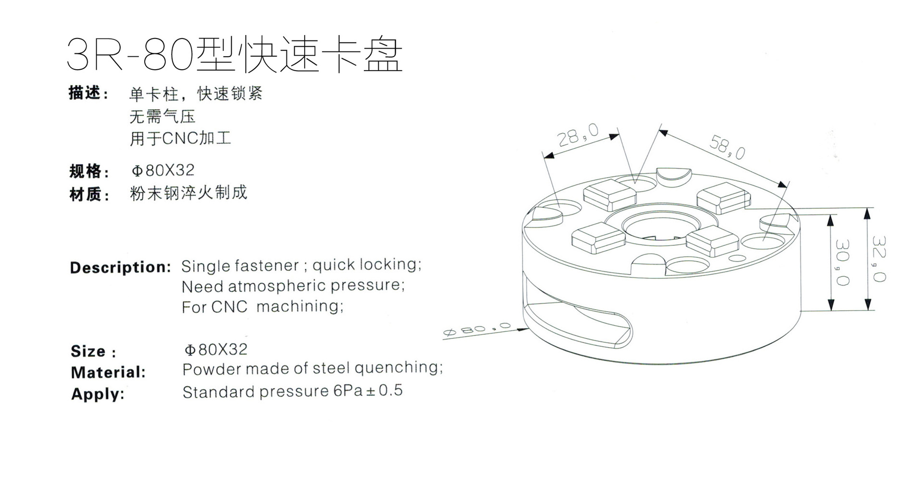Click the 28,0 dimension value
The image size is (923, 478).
point(578,135)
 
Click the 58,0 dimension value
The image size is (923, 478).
point(727,147)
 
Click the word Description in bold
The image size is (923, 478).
point(120,267)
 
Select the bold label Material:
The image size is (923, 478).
point(108,372)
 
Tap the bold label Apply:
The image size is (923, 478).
point(98,394)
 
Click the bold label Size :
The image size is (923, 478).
point(93,352)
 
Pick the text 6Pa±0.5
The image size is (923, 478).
point(368,390)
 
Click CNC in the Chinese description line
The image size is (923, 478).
point(180,138)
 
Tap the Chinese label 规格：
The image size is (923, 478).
point(89,171)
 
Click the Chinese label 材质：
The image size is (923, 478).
point(89,195)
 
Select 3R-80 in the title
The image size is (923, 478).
point(130,54)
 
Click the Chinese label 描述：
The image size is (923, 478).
point(89,93)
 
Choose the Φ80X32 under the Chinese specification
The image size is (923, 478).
point(163,170)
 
